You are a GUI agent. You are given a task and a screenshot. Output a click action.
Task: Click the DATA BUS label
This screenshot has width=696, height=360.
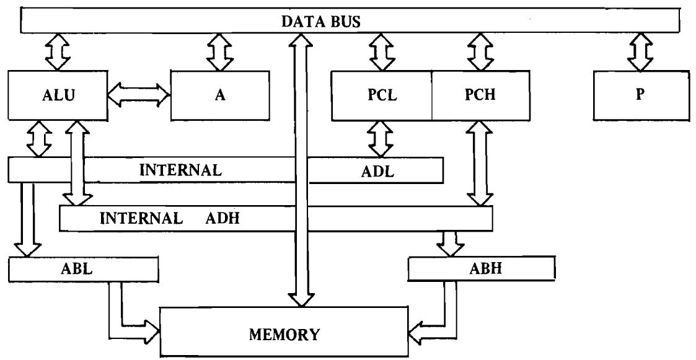(335, 22)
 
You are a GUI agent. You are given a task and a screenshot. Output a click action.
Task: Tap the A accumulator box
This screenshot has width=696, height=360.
(220, 96)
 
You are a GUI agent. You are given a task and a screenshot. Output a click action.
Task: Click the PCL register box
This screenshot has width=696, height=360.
(382, 96)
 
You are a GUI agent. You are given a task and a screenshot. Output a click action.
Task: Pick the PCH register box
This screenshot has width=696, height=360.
(480, 96)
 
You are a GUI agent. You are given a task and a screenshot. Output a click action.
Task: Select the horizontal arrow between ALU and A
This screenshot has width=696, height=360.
(139, 97)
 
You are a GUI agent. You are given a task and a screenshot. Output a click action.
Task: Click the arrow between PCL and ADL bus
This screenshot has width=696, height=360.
(380, 139)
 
